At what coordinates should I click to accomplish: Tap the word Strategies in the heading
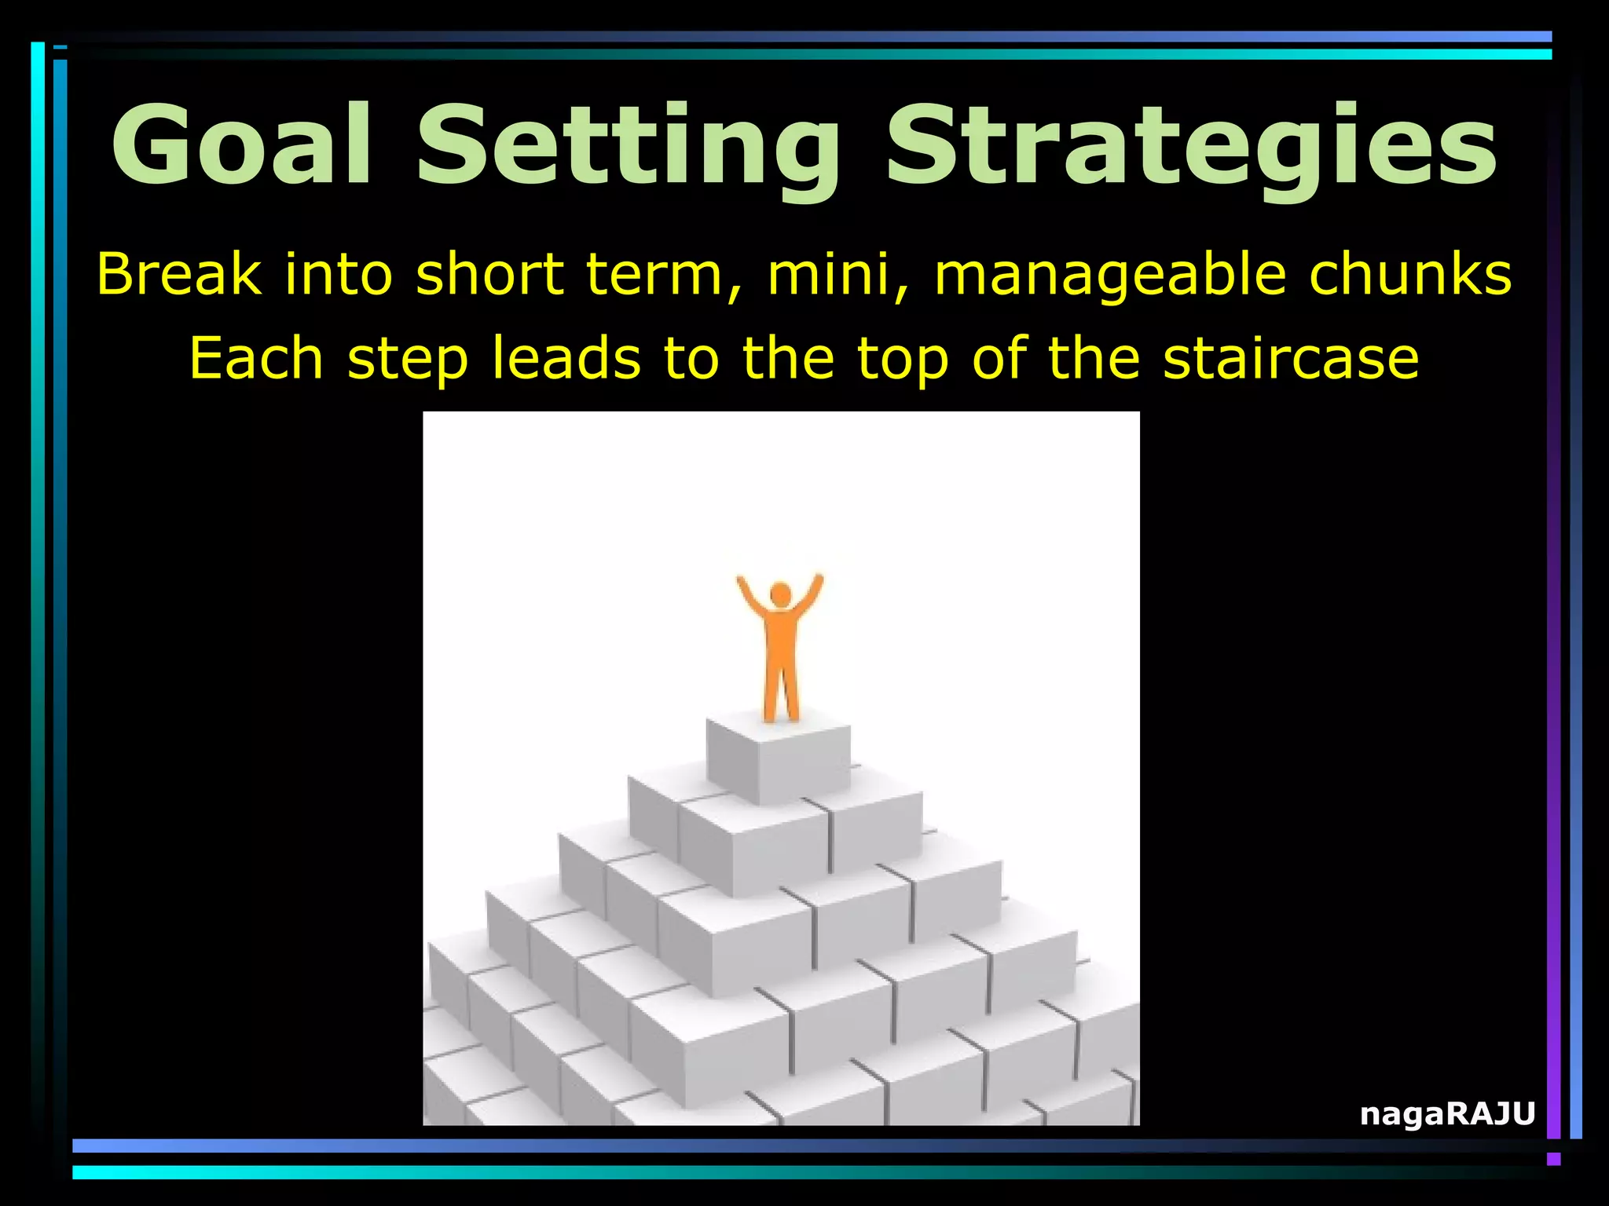tap(1191, 149)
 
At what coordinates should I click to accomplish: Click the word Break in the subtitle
tap(178, 275)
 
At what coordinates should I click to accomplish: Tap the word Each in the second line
tap(256, 358)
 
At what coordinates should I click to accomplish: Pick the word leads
tap(566, 358)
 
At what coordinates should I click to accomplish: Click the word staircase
tap(1291, 358)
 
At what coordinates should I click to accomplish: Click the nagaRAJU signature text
tap(1447, 1113)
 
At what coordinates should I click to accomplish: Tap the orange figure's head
tap(780, 594)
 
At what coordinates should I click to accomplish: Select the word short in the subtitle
tap(489, 275)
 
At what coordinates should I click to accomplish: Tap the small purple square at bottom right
tap(1553, 1159)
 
